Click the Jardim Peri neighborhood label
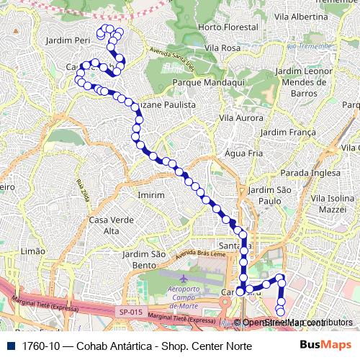tap(67, 41)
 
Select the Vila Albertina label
tap(302, 17)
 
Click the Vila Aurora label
tap(241, 117)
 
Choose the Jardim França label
tap(288, 132)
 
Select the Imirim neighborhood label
tap(150, 195)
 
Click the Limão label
tap(33, 251)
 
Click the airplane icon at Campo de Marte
tap(184, 278)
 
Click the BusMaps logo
tap(325, 346)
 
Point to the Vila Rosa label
tap(222, 48)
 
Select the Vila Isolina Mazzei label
tap(328, 202)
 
